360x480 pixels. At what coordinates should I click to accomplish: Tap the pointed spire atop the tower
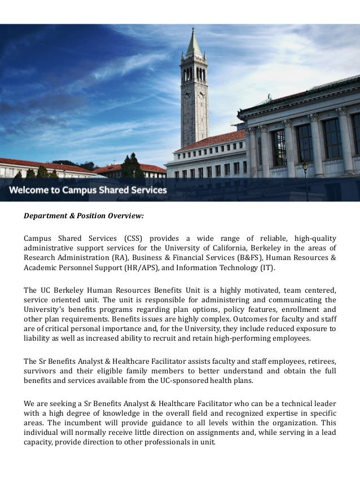195,39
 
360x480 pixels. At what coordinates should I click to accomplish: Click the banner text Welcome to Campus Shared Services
88,190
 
